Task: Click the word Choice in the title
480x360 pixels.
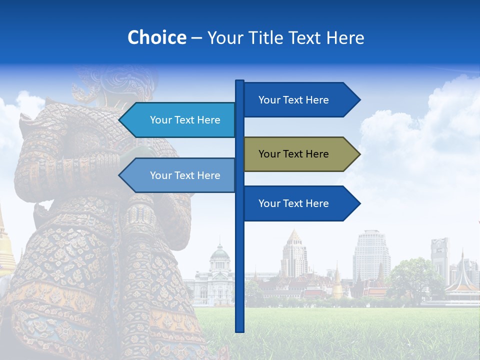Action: [157, 38]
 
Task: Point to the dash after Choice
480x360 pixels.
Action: [196, 38]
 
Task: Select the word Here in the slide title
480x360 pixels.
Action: [345, 38]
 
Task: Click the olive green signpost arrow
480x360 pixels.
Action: [295, 154]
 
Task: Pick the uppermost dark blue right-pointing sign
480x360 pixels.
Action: [295, 100]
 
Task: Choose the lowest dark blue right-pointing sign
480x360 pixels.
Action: [295, 203]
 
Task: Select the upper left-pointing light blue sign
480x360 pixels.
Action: [180, 120]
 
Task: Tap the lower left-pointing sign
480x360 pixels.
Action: [180, 175]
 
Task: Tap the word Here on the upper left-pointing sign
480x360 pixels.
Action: [209, 120]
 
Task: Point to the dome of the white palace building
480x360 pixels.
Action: [219, 252]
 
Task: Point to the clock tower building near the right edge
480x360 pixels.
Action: [440, 257]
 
